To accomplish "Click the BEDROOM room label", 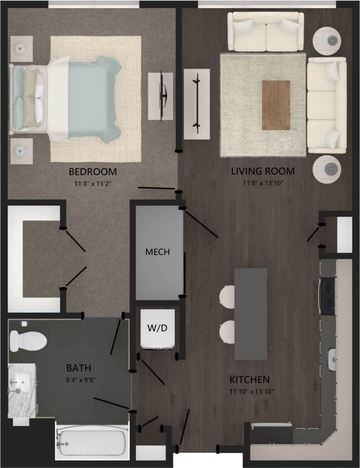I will coord(93,171).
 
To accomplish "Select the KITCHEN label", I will coord(249,380).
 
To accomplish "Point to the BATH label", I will coord(79,368).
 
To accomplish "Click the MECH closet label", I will coord(157,252).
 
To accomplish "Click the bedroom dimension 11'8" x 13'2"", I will coord(93,182).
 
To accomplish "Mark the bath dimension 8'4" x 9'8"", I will coord(79,379).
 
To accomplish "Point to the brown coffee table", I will coord(275,105).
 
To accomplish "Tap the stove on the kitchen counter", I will coord(327,296).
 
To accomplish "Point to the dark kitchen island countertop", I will coord(251,313).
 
